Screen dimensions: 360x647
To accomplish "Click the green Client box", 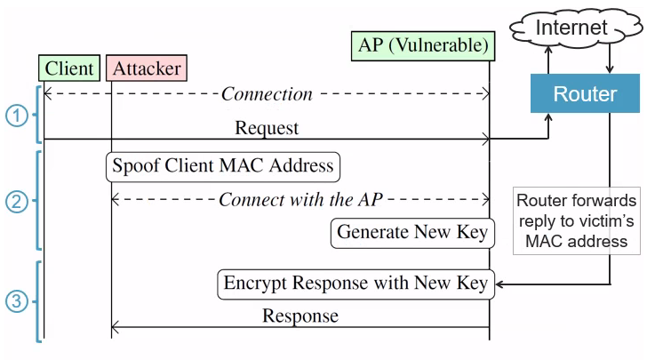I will tap(68, 68).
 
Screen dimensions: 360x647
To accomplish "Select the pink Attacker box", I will tap(146, 68).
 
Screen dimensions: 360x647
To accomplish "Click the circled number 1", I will tap(17, 114).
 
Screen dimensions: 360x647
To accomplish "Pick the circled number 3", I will tap(17, 300).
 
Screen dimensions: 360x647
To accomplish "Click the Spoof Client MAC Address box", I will tap(223, 165).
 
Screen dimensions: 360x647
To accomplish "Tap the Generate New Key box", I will tap(412, 233).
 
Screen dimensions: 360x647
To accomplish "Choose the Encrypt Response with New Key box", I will tap(355, 284).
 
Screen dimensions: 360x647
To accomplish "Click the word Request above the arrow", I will tap(267, 128).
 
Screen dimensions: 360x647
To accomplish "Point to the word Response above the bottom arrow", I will tap(300, 316).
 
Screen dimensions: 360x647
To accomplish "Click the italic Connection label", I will tap(267, 93).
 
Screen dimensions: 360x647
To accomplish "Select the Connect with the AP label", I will tap(300, 199).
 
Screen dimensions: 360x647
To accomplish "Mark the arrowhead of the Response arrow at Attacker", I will tap(116, 327).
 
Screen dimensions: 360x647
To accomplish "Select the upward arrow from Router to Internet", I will tap(548, 60).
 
